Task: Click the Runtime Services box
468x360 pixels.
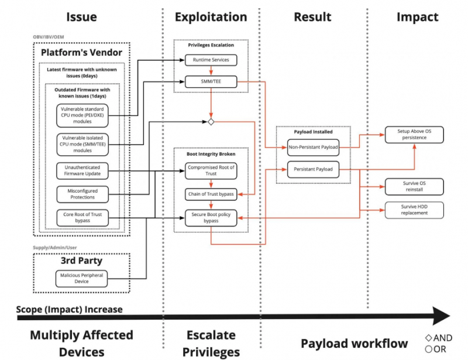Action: click(x=211, y=60)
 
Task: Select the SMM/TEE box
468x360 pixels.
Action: click(x=211, y=83)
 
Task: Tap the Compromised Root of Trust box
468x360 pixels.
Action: click(x=211, y=170)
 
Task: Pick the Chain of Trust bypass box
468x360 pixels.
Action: click(x=211, y=194)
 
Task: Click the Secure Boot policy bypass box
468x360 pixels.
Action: click(x=211, y=218)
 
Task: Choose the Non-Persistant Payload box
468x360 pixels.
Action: click(x=313, y=148)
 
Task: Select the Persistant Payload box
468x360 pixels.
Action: click(x=313, y=170)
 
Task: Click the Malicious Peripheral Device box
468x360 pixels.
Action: click(x=82, y=278)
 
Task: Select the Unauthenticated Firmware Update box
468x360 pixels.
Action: click(x=82, y=170)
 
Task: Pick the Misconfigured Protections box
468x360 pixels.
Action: click(x=82, y=194)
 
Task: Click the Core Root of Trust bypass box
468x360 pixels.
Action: click(x=82, y=218)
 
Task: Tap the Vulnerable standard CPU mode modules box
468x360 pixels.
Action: click(x=82, y=116)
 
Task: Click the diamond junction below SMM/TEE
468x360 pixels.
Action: click(x=211, y=122)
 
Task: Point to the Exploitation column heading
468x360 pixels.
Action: click(x=211, y=17)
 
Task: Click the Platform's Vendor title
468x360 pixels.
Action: click(x=81, y=53)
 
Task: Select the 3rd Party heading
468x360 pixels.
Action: click(x=82, y=260)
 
